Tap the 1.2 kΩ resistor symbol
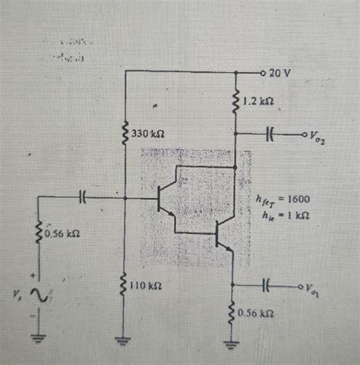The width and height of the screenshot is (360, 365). click(238, 100)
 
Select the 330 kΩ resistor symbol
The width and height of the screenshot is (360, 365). click(125, 134)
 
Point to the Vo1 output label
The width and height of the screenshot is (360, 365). click(312, 288)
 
